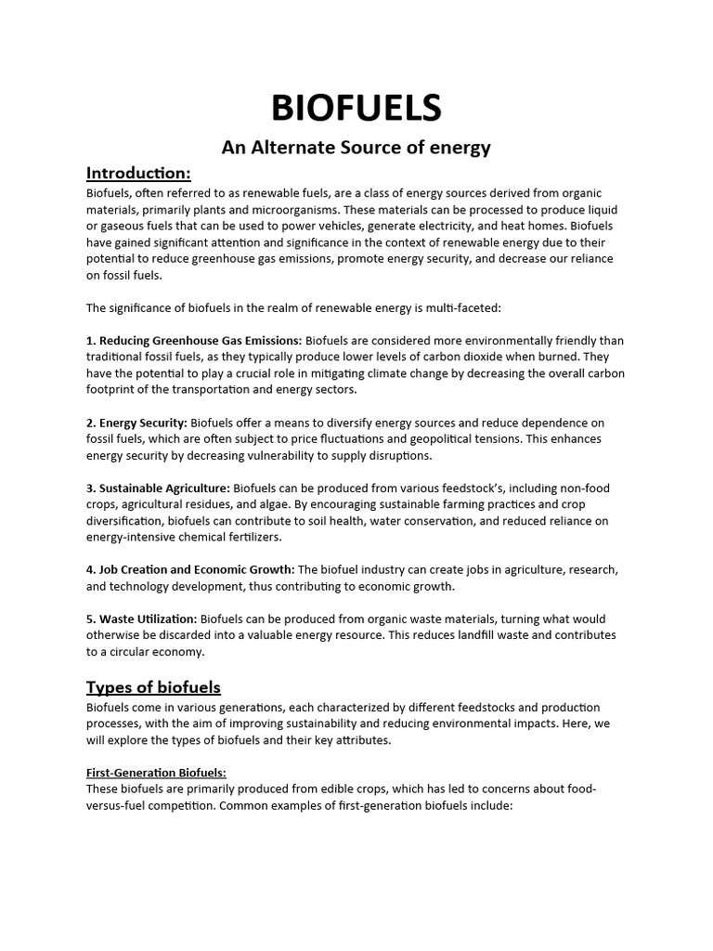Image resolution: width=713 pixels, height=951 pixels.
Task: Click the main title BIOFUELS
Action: point(356,109)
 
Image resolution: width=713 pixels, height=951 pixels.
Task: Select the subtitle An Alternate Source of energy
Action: point(356,148)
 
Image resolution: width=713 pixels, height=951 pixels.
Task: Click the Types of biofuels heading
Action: point(153,687)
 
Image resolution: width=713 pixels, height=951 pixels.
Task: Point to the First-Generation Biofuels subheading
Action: point(156,773)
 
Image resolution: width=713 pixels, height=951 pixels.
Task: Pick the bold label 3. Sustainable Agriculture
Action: point(158,489)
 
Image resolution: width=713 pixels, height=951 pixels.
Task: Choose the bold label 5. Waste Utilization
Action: point(141,619)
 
